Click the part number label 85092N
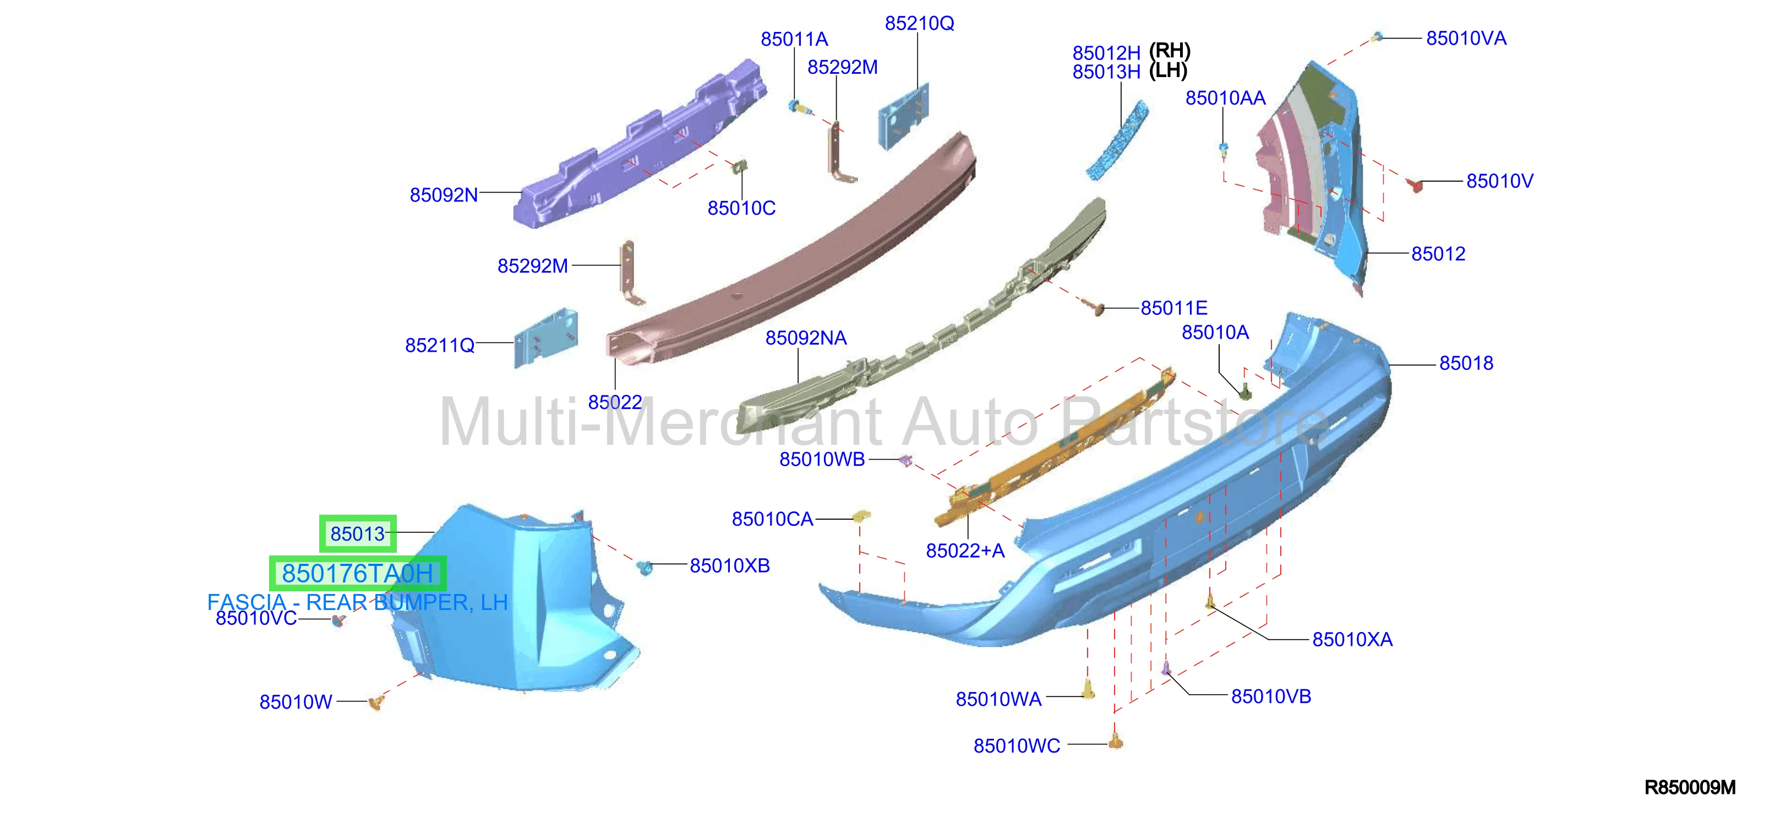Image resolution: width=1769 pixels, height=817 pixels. [444, 195]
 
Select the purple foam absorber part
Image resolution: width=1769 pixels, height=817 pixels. [638, 146]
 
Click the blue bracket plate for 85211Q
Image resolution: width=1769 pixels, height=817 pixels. [546, 337]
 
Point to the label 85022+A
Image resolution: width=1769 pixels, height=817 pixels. [965, 551]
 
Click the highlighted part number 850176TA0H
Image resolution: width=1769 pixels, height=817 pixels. [357, 573]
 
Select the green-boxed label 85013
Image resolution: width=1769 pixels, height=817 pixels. [358, 533]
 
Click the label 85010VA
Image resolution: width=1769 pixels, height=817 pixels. [1466, 39]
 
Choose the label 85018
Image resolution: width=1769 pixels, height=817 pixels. [1466, 363]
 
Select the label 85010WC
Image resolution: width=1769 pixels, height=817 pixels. [1017, 745]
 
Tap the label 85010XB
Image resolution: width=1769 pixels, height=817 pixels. [729, 565]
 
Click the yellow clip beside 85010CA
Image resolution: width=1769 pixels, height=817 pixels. [861, 515]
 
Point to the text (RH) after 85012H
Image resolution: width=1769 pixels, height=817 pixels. [1170, 50]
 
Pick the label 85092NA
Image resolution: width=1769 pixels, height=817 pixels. [806, 338]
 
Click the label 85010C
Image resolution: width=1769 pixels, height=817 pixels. [741, 208]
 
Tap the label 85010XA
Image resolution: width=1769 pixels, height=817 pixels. [1352, 640]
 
